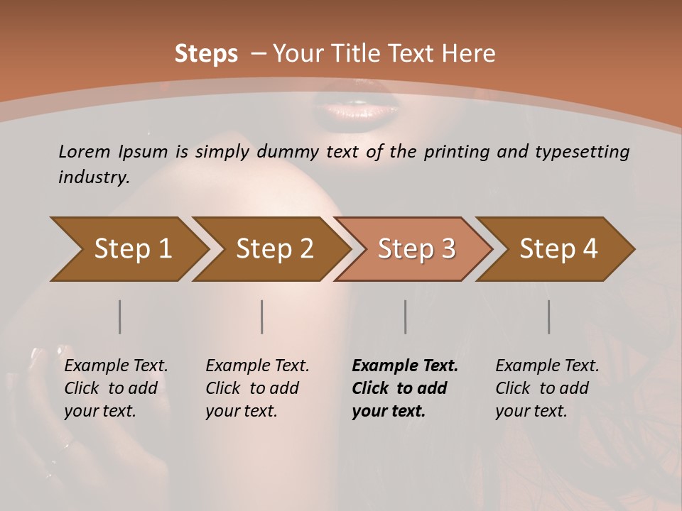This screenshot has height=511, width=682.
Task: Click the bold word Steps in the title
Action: click(206, 54)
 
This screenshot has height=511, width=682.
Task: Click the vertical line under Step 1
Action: click(120, 317)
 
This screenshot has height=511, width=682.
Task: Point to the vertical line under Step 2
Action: click(262, 317)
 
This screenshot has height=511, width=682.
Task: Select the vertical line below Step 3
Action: click(406, 317)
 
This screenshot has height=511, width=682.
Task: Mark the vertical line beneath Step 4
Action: click(549, 317)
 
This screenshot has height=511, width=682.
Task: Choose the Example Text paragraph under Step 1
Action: click(116, 388)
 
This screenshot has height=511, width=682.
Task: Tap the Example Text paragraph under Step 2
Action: click(257, 388)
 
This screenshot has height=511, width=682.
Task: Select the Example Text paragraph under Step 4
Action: click(547, 388)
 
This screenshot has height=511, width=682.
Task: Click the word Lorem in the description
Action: click(85, 151)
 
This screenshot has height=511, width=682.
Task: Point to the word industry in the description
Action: click(93, 177)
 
